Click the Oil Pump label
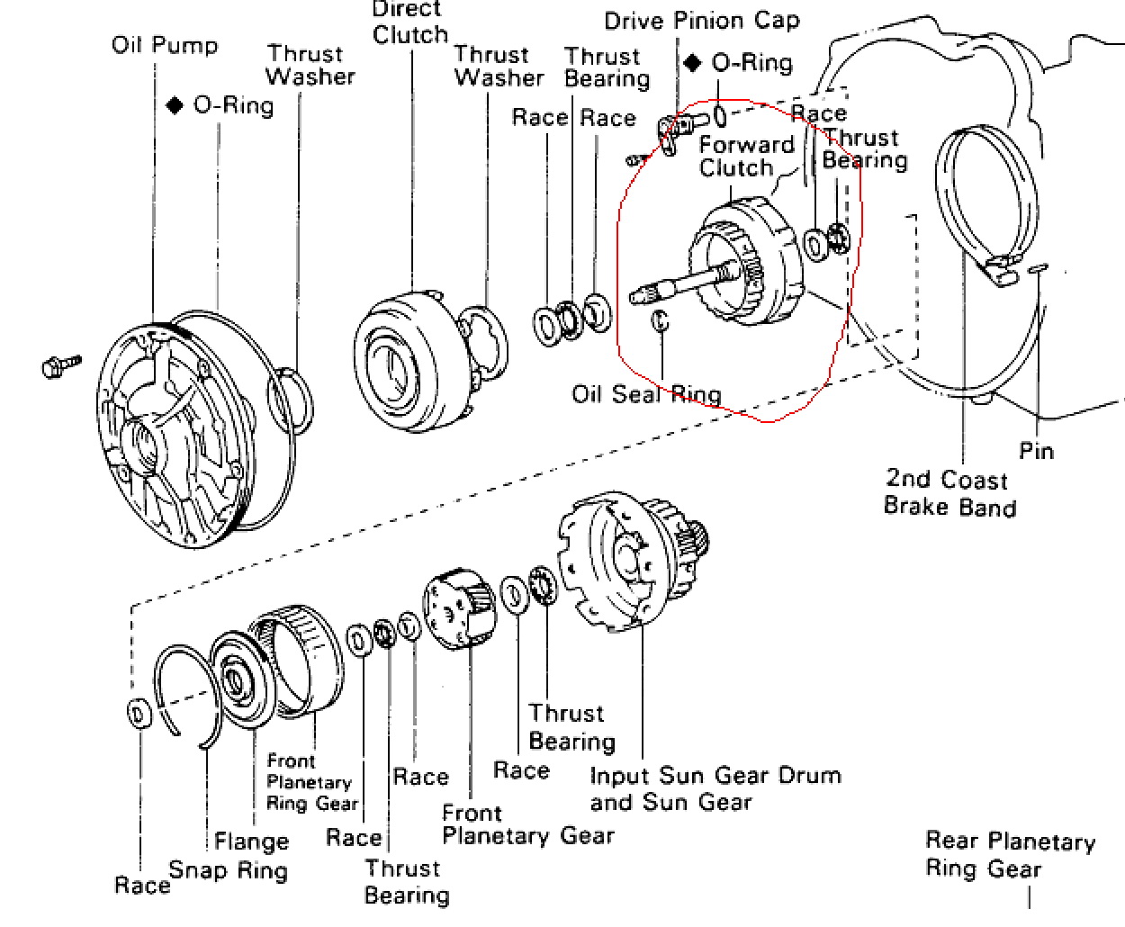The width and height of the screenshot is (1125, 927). pos(165,45)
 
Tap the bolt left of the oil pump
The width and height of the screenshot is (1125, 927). pos(60,365)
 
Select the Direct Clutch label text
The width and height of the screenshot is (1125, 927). pos(410,23)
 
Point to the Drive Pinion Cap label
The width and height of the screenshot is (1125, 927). pos(701,21)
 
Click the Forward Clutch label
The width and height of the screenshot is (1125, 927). pos(746,157)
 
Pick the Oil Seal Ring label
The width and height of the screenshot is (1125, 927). pos(646,394)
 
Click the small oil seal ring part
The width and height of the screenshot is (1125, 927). pos(660,320)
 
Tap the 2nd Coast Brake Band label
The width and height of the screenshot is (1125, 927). pos(949,492)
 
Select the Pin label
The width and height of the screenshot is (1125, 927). pos(1036,450)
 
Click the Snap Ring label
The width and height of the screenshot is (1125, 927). pos(229,870)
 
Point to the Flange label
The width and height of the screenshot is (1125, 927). pos(251,841)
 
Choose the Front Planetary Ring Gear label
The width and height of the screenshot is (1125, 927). pos(311,782)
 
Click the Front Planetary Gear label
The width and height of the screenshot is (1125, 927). pos(527,824)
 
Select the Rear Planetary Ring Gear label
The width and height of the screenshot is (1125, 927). pos(1010,854)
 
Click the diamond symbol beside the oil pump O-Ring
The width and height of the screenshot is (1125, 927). pos(175,105)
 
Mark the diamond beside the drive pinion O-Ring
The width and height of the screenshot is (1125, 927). pos(692,63)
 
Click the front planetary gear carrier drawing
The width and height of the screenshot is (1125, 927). pos(459,609)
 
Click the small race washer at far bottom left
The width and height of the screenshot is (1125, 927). pos(139,715)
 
